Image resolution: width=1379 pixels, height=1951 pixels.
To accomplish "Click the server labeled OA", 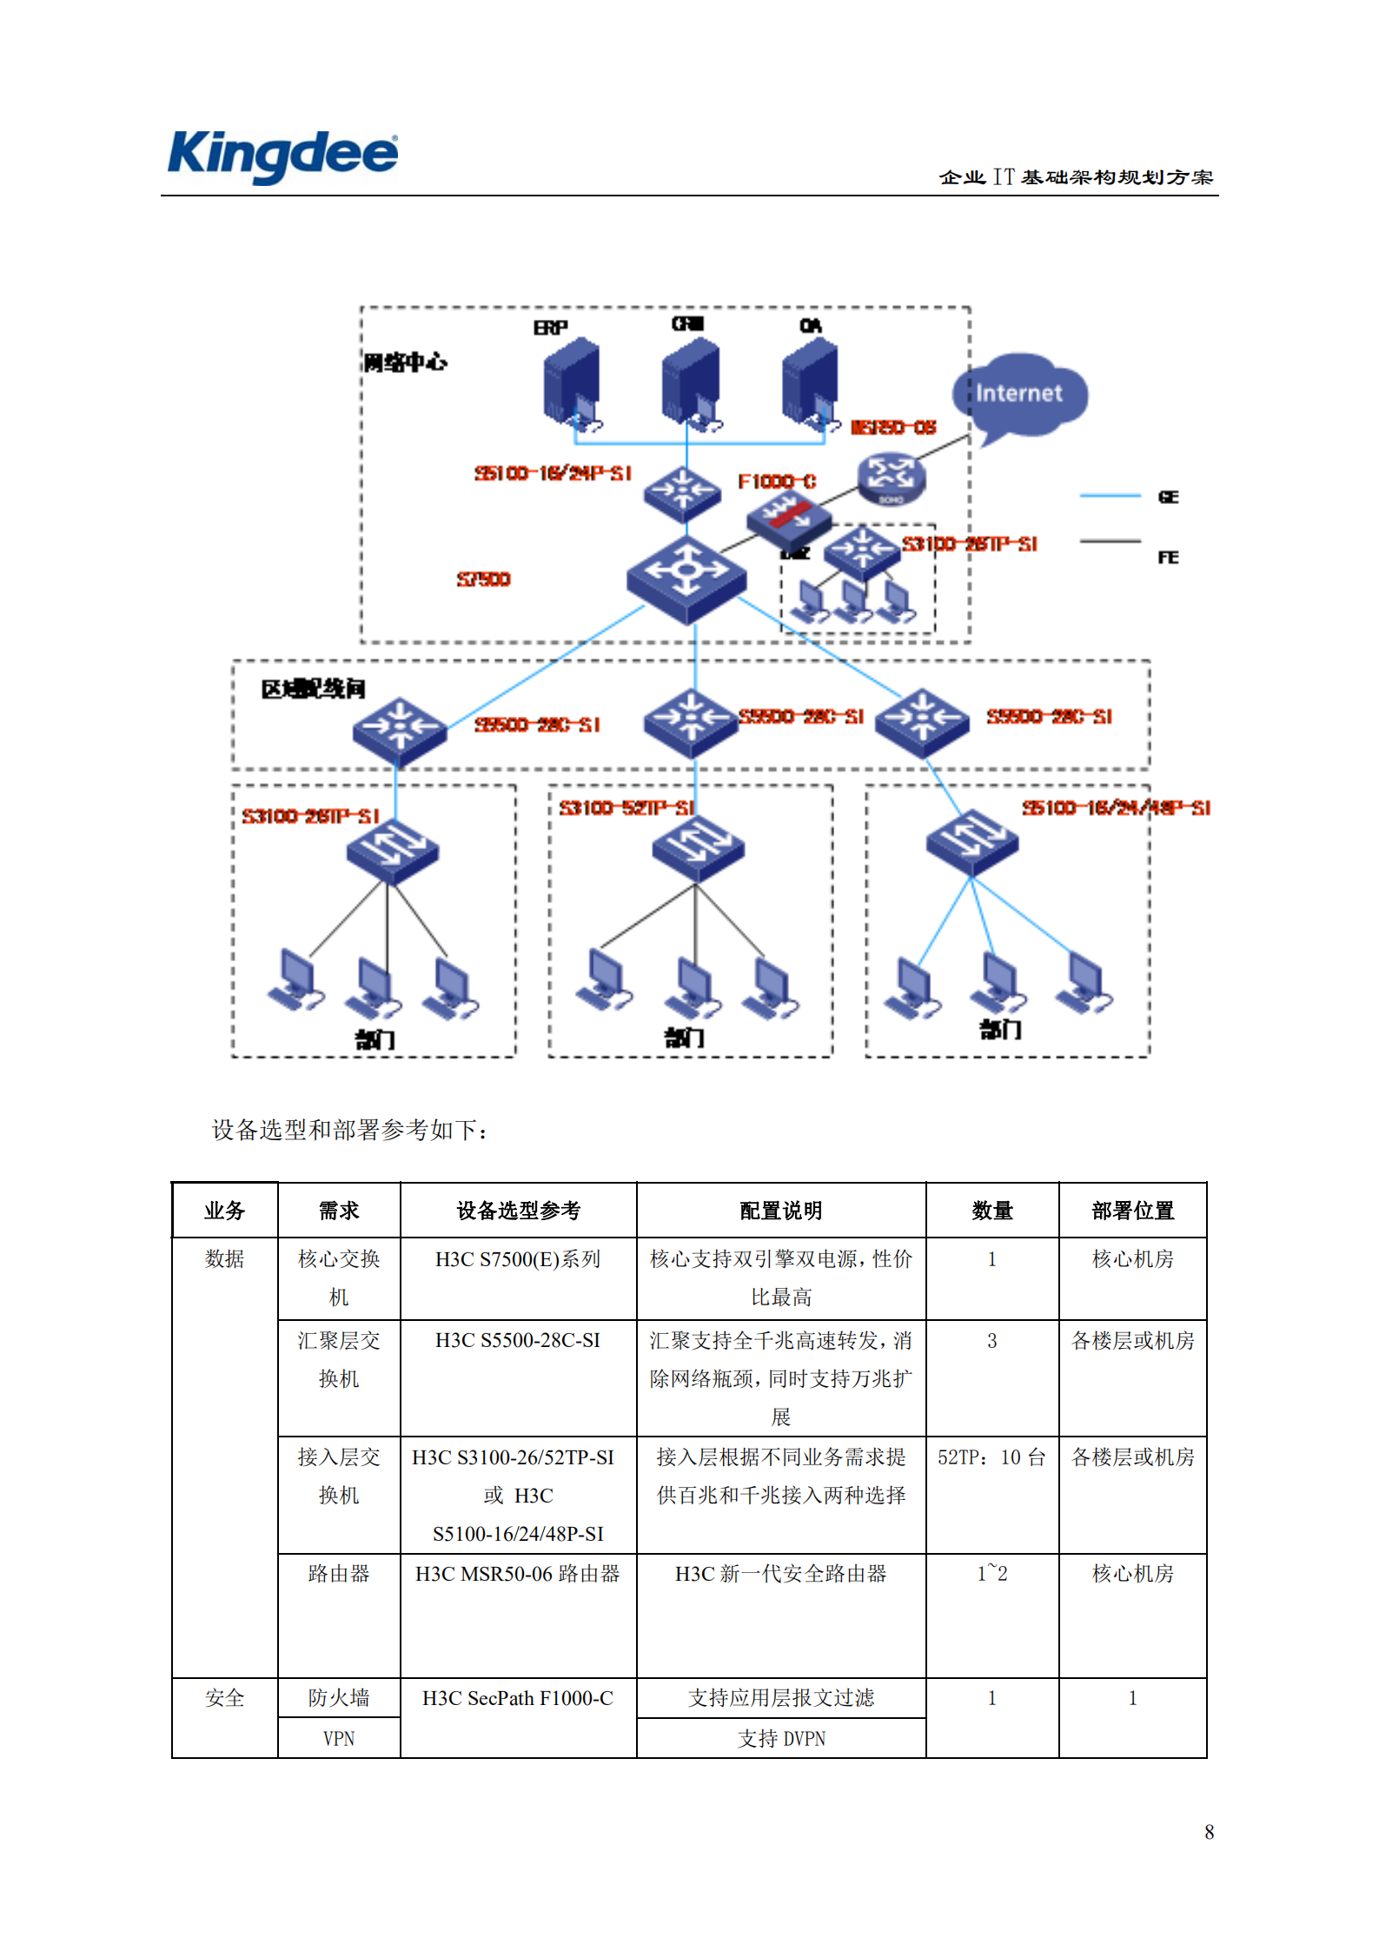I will pyautogui.click(x=810, y=383).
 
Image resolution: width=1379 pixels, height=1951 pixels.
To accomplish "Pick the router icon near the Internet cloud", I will pyautogui.click(x=891, y=478).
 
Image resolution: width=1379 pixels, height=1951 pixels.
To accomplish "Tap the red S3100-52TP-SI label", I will pyautogui.click(x=627, y=808).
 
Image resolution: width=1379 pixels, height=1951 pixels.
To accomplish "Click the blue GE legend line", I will pyautogui.click(x=1110, y=496).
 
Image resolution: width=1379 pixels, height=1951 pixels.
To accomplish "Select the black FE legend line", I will pyautogui.click(x=1110, y=541).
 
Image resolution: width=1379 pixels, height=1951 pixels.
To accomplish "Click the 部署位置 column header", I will pyautogui.click(x=1132, y=1211).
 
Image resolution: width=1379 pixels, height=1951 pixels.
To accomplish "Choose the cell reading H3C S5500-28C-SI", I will pyautogui.click(x=518, y=1340).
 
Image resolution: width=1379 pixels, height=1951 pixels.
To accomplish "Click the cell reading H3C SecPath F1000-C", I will pyautogui.click(x=518, y=1698).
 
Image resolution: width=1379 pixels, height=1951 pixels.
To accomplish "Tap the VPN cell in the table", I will pyautogui.click(x=339, y=1739).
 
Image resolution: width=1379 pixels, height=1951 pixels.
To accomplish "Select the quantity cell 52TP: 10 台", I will pyautogui.click(x=991, y=1457).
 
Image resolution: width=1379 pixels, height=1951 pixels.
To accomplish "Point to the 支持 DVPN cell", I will pyautogui.click(x=781, y=1739).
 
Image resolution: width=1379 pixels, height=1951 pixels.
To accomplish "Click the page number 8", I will pyautogui.click(x=1209, y=1832).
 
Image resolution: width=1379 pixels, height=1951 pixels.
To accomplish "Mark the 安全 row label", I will pyautogui.click(x=224, y=1698).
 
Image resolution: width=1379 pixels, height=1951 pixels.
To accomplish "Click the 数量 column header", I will pyautogui.click(x=991, y=1211).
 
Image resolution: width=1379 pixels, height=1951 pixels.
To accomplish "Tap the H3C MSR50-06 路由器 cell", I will pyautogui.click(x=518, y=1574).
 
